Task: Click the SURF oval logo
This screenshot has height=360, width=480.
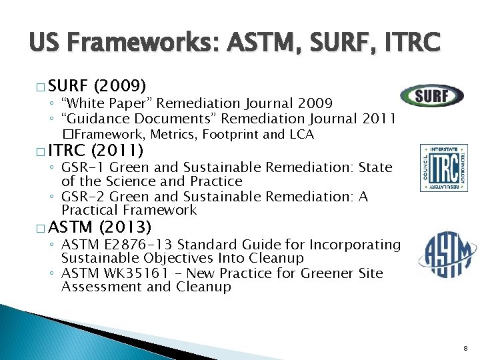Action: click(431, 95)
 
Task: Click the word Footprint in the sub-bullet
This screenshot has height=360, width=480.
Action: click(231, 134)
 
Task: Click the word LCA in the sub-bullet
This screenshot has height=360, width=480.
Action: click(301, 134)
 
